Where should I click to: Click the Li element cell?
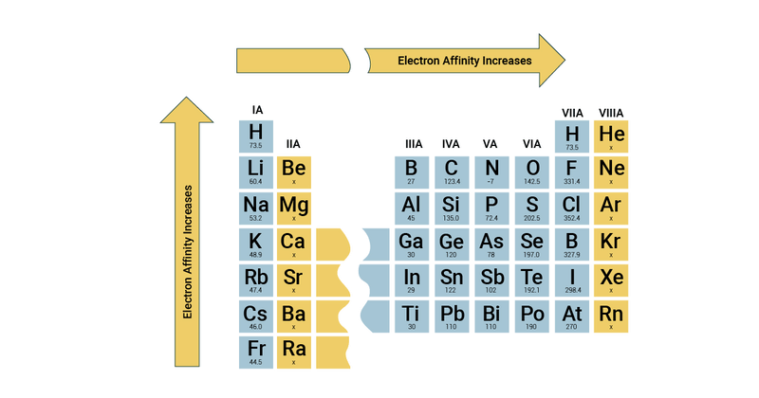[x=255, y=172]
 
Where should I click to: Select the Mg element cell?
[x=294, y=208]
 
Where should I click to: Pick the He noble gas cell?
[x=611, y=137]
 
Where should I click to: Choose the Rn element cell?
[x=611, y=316]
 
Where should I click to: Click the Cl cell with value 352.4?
[x=571, y=208]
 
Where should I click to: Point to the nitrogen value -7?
[x=491, y=181]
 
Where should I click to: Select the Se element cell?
[x=531, y=244]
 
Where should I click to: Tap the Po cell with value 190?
[x=531, y=316]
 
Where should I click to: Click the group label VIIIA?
[x=611, y=114]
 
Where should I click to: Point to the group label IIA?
[x=293, y=144]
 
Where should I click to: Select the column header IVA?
[x=451, y=144]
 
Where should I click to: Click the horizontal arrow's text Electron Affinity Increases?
[x=464, y=60]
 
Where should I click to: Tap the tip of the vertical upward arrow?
[x=186, y=98]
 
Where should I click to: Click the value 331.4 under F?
[x=571, y=181]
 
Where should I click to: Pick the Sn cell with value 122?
[x=452, y=280]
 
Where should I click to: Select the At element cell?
[x=571, y=316]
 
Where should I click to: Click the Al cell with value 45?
[x=411, y=208]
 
